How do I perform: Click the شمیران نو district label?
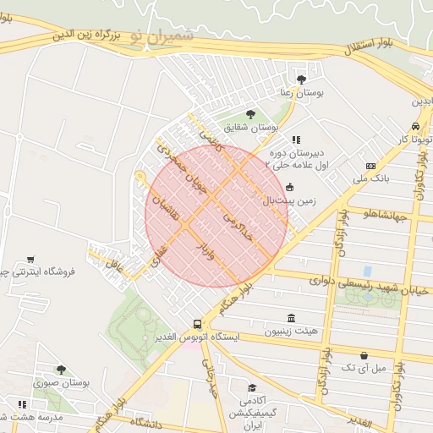click(x=162, y=37)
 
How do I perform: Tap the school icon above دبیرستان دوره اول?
click(x=295, y=140)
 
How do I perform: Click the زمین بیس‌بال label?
click(x=314, y=202)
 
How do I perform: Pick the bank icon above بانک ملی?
click(x=370, y=166)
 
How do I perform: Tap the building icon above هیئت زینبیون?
click(x=292, y=319)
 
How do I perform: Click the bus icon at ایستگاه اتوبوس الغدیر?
click(x=197, y=324)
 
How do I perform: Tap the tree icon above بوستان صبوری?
click(x=61, y=370)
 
